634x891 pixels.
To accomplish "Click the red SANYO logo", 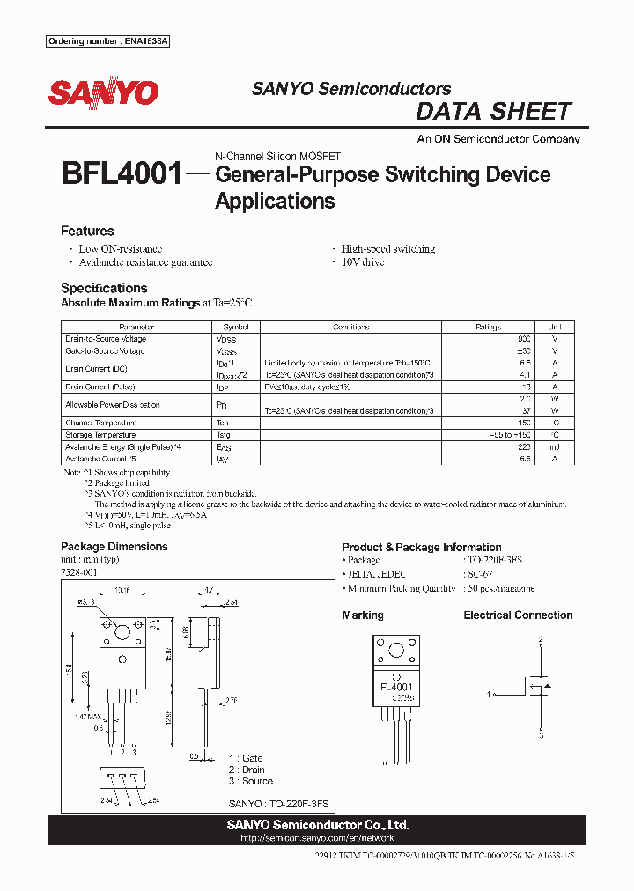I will click(x=103, y=92).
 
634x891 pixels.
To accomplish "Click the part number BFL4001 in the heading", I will click(x=121, y=173).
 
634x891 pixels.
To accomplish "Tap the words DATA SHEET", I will click(x=493, y=112).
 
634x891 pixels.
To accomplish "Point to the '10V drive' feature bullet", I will click(x=362, y=262).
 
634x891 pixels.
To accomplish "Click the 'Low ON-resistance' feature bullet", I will click(x=120, y=249).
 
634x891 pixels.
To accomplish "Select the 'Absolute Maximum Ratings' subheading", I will click(x=129, y=303).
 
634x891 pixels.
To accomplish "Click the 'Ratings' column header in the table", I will click(x=488, y=327).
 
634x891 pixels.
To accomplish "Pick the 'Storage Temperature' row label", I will click(x=105, y=434).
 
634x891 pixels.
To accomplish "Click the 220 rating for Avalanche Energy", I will click(x=525, y=446).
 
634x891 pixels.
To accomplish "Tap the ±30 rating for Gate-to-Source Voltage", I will click(x=524, y=350).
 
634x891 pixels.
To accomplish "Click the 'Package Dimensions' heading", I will click(x=114, y=547).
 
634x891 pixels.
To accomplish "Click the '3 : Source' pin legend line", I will click(x=251, y=781).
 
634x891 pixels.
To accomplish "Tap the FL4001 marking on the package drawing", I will click(x=396, y=687).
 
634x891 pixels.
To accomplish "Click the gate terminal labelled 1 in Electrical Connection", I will click(x=488, y=695).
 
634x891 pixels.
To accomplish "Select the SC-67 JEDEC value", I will click(x=480, y=574).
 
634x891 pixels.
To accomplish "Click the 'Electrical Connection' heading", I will click(x=518, y=615).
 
